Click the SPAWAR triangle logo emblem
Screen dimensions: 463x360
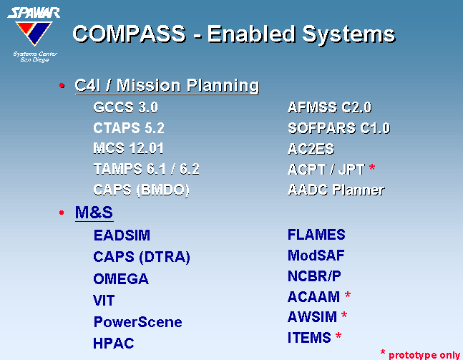tap(34, 33)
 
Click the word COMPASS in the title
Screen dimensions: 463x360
tap(130, 34)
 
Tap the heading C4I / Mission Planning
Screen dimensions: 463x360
tap(167, 86)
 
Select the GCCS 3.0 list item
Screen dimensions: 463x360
tap(125, 107)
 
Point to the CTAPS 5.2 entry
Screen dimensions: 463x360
tap(129, 128)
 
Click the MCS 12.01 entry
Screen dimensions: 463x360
tap(128, 148)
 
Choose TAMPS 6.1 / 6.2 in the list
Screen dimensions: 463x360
tap(146, 169)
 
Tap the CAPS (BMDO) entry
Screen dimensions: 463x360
tap(141, 190)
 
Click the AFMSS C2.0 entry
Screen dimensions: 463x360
tap(329, 107)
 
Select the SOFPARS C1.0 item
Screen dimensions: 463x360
tap(339, 128)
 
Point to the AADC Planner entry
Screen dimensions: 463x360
tap(336, 190)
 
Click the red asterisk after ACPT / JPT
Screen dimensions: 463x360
tap(372, 167)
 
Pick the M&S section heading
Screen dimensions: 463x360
tap(94, 212)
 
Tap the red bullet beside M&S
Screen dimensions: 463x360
tap(62, 213)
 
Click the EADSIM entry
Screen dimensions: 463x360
tap(122, 235)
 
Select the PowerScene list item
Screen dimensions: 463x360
tap(137, 322)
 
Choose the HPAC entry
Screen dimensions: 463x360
tap(114, 343)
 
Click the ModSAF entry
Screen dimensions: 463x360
tap(316, 256)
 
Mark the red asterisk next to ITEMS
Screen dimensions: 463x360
tap(338, 336)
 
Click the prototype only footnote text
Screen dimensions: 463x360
tap(424, 355)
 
